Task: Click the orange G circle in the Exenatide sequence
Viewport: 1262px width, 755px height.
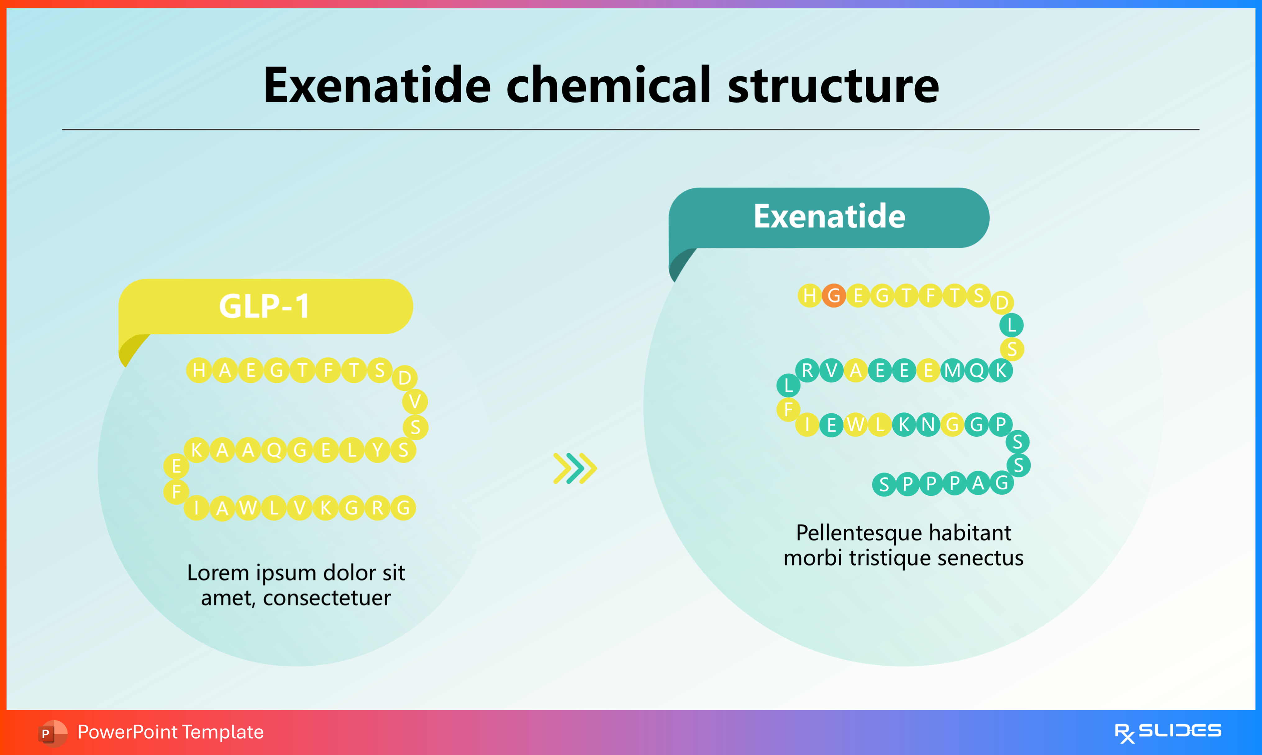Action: coord(834,296)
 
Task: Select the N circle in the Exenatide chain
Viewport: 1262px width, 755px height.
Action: coord(928,424)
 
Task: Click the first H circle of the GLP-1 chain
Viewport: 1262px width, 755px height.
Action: coord(199,370)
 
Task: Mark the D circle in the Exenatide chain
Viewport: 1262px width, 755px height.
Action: coord(1002,303)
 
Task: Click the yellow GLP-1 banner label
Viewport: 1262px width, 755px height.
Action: coord(265,306)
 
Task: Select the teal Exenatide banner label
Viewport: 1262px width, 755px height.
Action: coord(829,217)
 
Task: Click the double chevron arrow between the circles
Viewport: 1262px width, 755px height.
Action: coord(575,468)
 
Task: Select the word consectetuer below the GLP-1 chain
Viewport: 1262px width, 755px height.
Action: coord(327,598)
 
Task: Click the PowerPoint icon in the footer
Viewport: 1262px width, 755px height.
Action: coord(52,733)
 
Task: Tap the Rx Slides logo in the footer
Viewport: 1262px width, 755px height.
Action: coord(1168,733)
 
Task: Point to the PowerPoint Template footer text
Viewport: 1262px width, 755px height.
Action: coord(171,732)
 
